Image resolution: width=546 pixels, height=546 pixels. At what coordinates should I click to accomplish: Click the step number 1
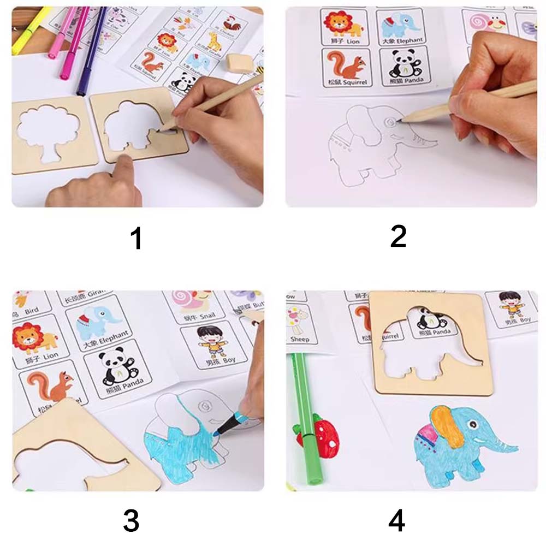click(136, 238)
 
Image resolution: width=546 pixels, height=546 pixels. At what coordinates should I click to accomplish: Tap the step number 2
click(398, 237)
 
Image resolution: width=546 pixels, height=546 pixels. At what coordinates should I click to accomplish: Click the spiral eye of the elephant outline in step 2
click(391, 121)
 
